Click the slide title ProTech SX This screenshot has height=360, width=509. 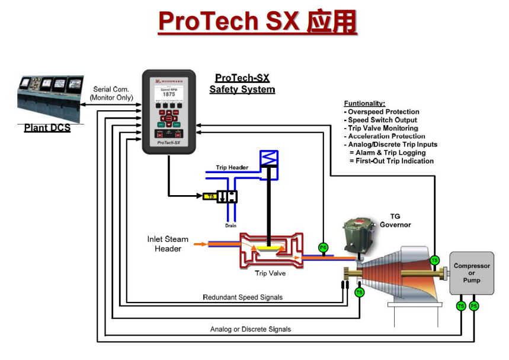(x=257, y=23)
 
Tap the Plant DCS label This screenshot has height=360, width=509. (x=47, y=128)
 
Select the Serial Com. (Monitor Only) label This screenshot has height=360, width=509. (x=111, y=94)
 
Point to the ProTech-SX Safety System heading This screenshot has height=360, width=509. (x=242, y=84)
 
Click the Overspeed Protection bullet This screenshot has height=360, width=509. (x=383, y=111)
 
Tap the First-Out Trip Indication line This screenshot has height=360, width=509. (x=392, y=161)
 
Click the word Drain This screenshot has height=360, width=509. (x=231, y=225)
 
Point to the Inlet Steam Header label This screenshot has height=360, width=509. (x=168, y=244)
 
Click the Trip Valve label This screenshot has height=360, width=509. (x=269, y=273)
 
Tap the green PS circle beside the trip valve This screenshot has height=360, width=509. (x=323, y=247)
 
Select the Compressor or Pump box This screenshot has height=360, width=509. (x=472, y=273)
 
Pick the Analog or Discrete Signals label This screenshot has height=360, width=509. (x=251, y=329)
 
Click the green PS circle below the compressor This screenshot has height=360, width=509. (x=473, y=306)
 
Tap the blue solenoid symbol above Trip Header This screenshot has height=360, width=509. (x=269, y=159)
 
